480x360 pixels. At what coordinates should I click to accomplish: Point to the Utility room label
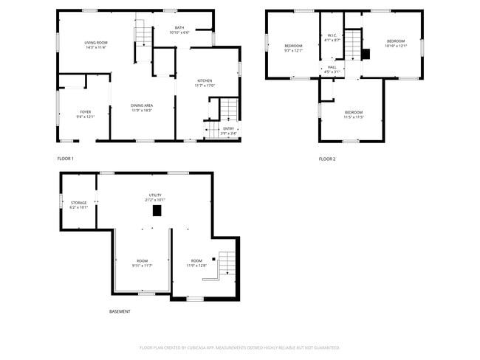click(155, 197)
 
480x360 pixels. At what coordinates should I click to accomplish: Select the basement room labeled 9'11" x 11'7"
click(142, 263)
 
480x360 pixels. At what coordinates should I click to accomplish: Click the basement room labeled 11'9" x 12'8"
click(196, 263)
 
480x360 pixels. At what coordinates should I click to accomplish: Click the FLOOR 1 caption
click(66, 159)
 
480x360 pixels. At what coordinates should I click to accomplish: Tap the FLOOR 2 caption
click(327, 159)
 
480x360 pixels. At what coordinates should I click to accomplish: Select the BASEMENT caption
click(120, 311)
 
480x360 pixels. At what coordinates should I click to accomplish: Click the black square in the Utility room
click(157, 210)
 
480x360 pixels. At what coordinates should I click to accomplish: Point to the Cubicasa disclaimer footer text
click(239, 347)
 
